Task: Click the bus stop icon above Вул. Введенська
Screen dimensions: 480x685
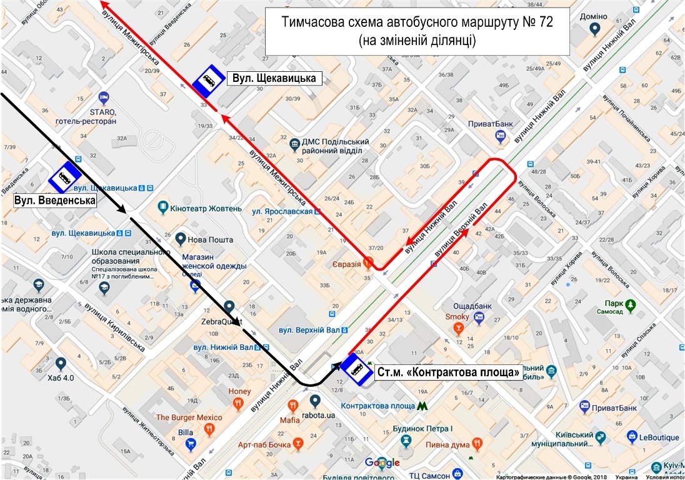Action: coord(64,177)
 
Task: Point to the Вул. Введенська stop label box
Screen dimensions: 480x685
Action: coord(55,201)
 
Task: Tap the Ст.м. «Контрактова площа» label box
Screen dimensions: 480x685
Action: coord(448,373)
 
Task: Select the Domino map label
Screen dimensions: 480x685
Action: coord(594,17)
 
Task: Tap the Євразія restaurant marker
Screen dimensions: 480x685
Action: coord(369,263)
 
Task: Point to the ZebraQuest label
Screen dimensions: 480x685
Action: coord(221,322)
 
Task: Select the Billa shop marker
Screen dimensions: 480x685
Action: coord(192,445)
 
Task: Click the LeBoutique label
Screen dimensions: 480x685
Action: coord(659,437)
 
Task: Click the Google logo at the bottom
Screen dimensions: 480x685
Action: coord(382,463)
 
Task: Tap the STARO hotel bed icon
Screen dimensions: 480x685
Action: coord(104,97)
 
